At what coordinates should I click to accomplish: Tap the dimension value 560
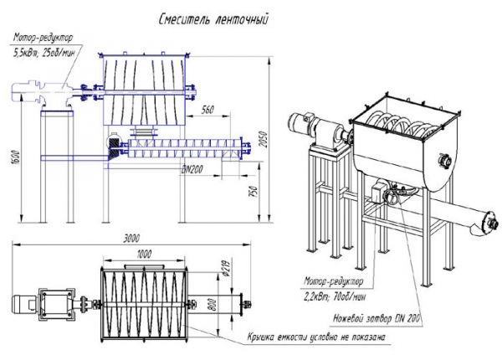(207, 110)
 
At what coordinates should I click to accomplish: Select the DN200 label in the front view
(195, 170)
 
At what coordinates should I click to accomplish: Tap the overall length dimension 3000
(129, 238)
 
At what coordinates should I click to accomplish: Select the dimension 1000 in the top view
(145, 253)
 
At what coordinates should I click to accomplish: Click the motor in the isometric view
(299, 125)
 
